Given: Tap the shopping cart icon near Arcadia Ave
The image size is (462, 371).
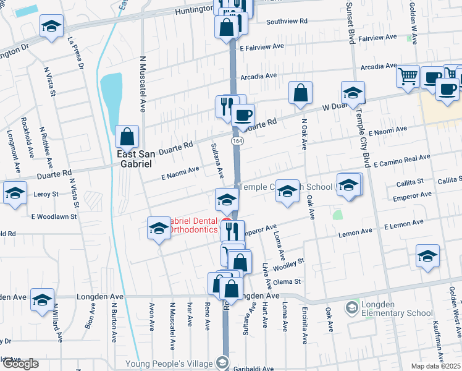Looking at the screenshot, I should click(408, 76).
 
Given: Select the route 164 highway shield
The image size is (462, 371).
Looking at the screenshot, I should click(237, 142).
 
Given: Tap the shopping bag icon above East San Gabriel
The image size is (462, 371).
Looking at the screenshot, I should click(127, 136).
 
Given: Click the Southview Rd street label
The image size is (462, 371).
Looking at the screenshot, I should click(287, 21).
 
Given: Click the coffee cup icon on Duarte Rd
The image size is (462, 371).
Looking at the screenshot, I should click(243, 114).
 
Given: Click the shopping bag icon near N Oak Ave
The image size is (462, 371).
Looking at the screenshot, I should click(300, 93).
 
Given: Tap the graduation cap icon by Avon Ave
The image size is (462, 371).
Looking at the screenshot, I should click(159, 228).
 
